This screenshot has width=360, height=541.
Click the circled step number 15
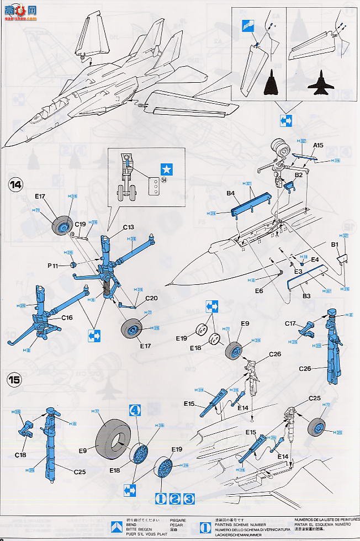pyautogui.click(x=15, y=379)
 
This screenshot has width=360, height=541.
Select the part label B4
pyautogui.click(x=231, y=193)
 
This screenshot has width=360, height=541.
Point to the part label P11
pyautogui.click(x=52, y=266)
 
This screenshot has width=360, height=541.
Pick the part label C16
pyautogui.click(x=67, y=317)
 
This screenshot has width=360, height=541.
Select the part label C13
pyautogui.click(x=129, y=226)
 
